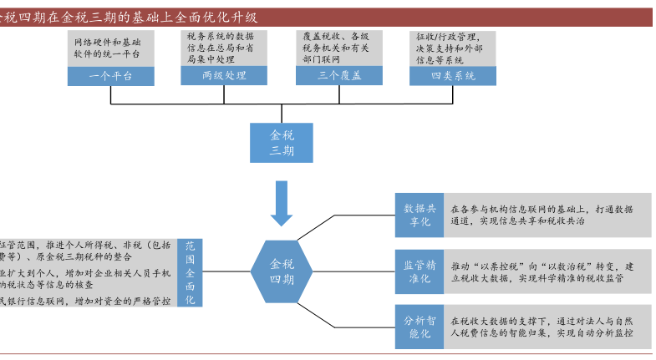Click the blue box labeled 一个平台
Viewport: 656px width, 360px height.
[x=111, y=75]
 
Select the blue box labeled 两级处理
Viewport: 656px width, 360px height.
[x=224, y=75]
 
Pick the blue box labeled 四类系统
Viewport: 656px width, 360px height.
[x=452, y=75]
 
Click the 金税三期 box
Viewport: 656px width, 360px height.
[x=282, y=143]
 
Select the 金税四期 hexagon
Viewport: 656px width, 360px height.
[x=282, y=270]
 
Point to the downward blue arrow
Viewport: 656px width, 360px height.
[x=282, y=204]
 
